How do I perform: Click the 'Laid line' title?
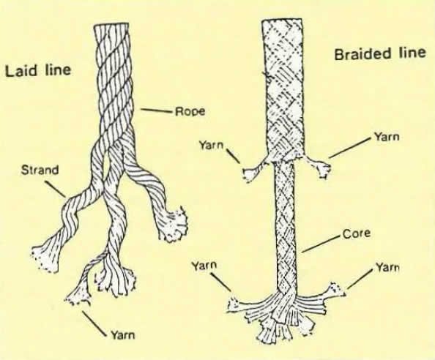(38, 70)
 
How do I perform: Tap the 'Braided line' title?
(380, 53)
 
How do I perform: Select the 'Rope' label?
(190, 111)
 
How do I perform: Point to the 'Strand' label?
(40, 170)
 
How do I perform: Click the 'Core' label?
(357, 233)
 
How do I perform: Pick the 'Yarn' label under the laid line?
(123, 335)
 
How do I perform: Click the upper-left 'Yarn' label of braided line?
(211, 145)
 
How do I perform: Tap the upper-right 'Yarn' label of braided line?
(387, 136)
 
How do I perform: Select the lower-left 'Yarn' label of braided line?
(204, 266)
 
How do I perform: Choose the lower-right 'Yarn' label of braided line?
(387, 267)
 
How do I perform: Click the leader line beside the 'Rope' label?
(156, 111)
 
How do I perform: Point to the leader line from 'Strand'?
(56, 190)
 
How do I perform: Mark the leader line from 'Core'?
(321, 244)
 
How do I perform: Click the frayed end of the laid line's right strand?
(174, 226)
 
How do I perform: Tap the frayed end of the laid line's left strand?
(45, 258)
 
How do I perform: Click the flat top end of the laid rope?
(111, 25)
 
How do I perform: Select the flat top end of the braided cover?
(282, 20)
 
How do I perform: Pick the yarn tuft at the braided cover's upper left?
(253, 173)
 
